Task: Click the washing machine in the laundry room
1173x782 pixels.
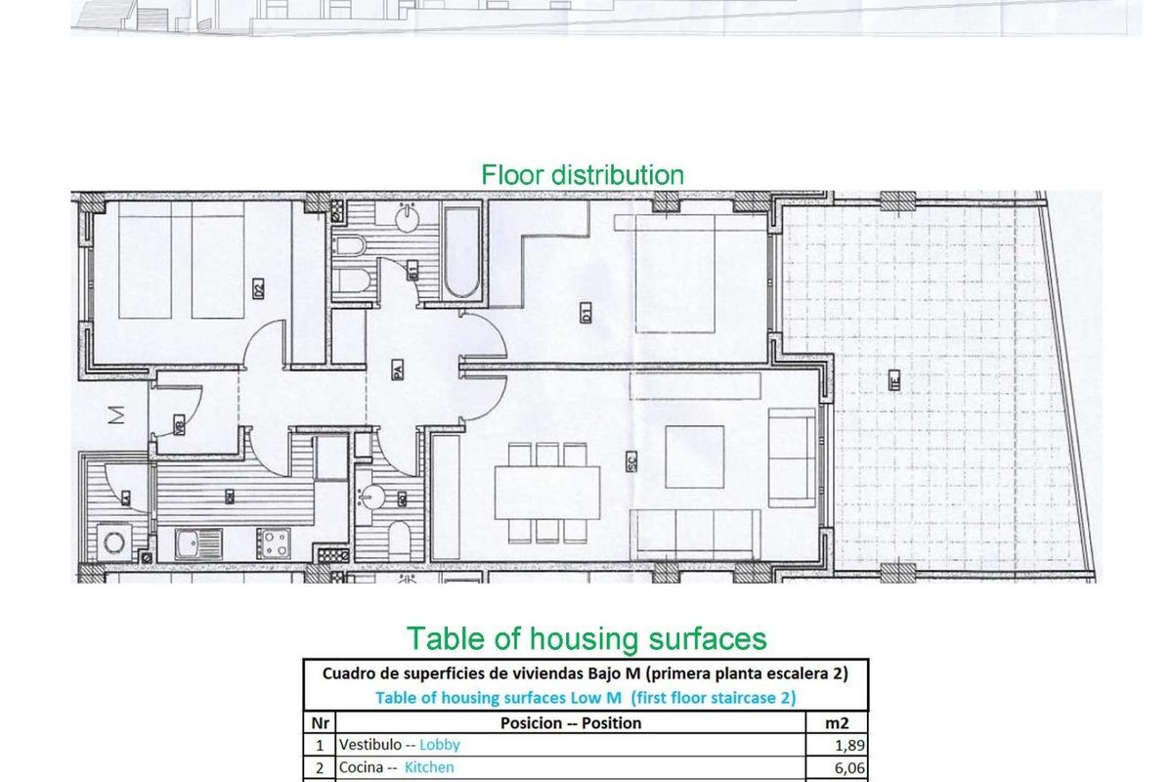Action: click(x=115, y=542)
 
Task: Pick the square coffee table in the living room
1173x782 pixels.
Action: click(x=694, y=456)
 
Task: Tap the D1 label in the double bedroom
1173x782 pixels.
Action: click(x=586, y=315)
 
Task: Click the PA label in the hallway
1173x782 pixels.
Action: click(x=399, y=371)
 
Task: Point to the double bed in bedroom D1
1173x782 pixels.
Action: click(x=699, y=274)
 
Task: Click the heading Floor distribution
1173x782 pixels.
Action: click(x=583, y=175)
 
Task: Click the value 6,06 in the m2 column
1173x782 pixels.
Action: click(x=847, y=768)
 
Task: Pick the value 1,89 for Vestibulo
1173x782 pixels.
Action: click(x=847, y=745)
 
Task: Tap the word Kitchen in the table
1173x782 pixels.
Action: click(x=429, y=768)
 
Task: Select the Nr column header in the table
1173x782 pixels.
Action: click(x=319, y=722)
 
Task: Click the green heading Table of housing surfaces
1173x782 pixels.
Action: click(x=586, y=638)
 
